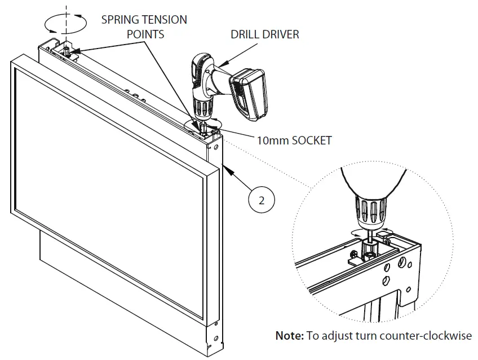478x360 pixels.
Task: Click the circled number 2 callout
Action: pyautogui.click(x=261, y=199)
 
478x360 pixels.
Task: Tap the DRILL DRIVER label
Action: pyautogui.click(x=265, y=34)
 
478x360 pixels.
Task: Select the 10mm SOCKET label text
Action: pyautogui.click(x=294, y=140)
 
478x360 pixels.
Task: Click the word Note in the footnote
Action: pyautogui.click(x=289, y=336)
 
